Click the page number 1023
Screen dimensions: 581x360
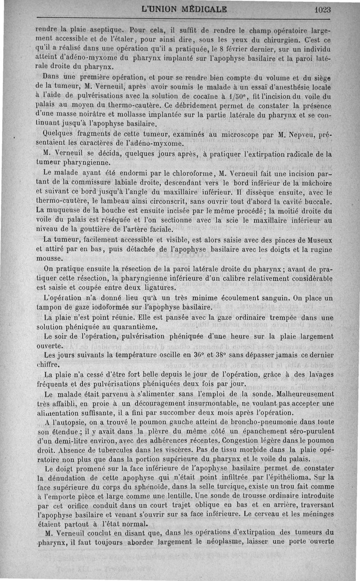322,9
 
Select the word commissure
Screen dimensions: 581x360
102,182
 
